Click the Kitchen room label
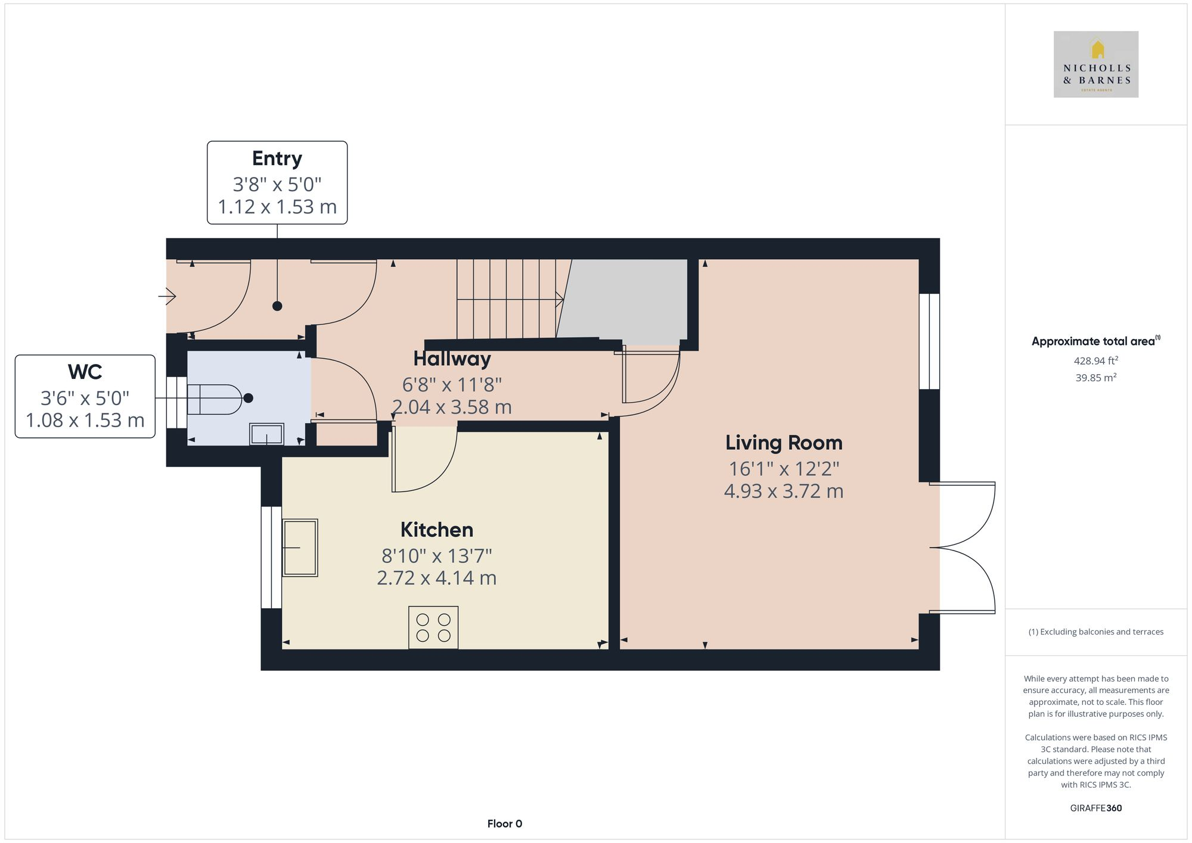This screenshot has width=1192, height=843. pyautogui.click(x=436, y=530)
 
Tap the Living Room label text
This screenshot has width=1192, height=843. pyautogui.click(x=783, y=443)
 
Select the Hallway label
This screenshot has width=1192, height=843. pyautogui.click(x=452, y=359)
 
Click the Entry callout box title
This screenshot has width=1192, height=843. pyautogui.click(x=277, y=158)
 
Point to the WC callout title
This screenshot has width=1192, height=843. pyautogui.click(x=85, y=372)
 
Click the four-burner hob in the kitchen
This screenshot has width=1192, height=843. pyautogui.click(x=433, y=627)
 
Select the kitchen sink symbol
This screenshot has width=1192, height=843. pyautogui.click(x=299, y=548)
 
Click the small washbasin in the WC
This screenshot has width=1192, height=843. pyautogui.click(x=266, y=434)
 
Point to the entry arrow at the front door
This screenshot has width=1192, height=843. pyautogui.click(x=167, y=295)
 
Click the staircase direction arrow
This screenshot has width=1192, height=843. pyautogui.click(x=558, y=299)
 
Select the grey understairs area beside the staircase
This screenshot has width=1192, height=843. pyautogui.click(x=626, y=301)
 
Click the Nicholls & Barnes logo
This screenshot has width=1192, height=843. pyautogui.click(x=1095, y=64)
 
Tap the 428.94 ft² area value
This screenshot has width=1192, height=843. pyautogui.click(x=1095, y=360)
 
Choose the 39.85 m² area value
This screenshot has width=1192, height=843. pyautogui.click(x=1095, y=377)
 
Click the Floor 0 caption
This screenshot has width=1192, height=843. pyautogui.click(x=504, y=823)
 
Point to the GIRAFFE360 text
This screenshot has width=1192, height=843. pyautogui.click(x=1095, y=808)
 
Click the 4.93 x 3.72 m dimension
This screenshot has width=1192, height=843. pyautogui.click(x=783, y=492)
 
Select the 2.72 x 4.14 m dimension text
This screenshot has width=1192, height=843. pyautogui.click(x=436, y=578)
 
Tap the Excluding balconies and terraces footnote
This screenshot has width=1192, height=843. pyautogui.click(x=1095, y=632)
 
